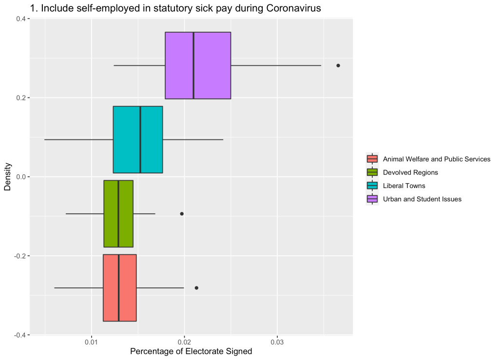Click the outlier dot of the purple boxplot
(338, 65)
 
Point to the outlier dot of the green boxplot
(182, 213)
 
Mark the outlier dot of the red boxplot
(196, 288)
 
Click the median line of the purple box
(193, 65)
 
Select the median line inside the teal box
(140, 139)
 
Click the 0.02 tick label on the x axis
(185, 342)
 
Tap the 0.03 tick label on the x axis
(277, 342)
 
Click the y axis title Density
(8, 177)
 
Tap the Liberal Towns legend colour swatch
(372, 186)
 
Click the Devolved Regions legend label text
(410, 172)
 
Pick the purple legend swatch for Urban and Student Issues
(372, 199)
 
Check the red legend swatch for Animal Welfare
(372, 159)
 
